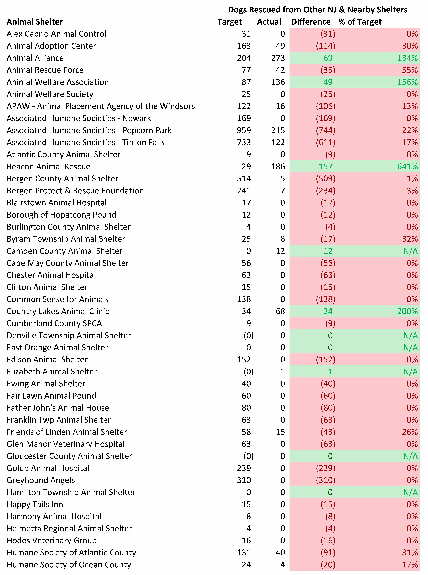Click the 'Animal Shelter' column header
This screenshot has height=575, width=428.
click(x=35, y=22)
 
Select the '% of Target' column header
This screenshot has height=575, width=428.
click(x=360, y=22)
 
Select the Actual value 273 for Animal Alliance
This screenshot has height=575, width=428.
click(x=278, y=58)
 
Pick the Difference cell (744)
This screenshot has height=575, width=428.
click(x=325, y=130)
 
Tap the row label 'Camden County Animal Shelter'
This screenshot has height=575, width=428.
click(x=65, y=251)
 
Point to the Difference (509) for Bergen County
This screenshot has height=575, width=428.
click(x=325, y=179)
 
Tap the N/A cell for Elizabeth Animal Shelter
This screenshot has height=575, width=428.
click(x=410, y=372)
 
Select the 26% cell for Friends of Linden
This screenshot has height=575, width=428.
click(x=410, y=432)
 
